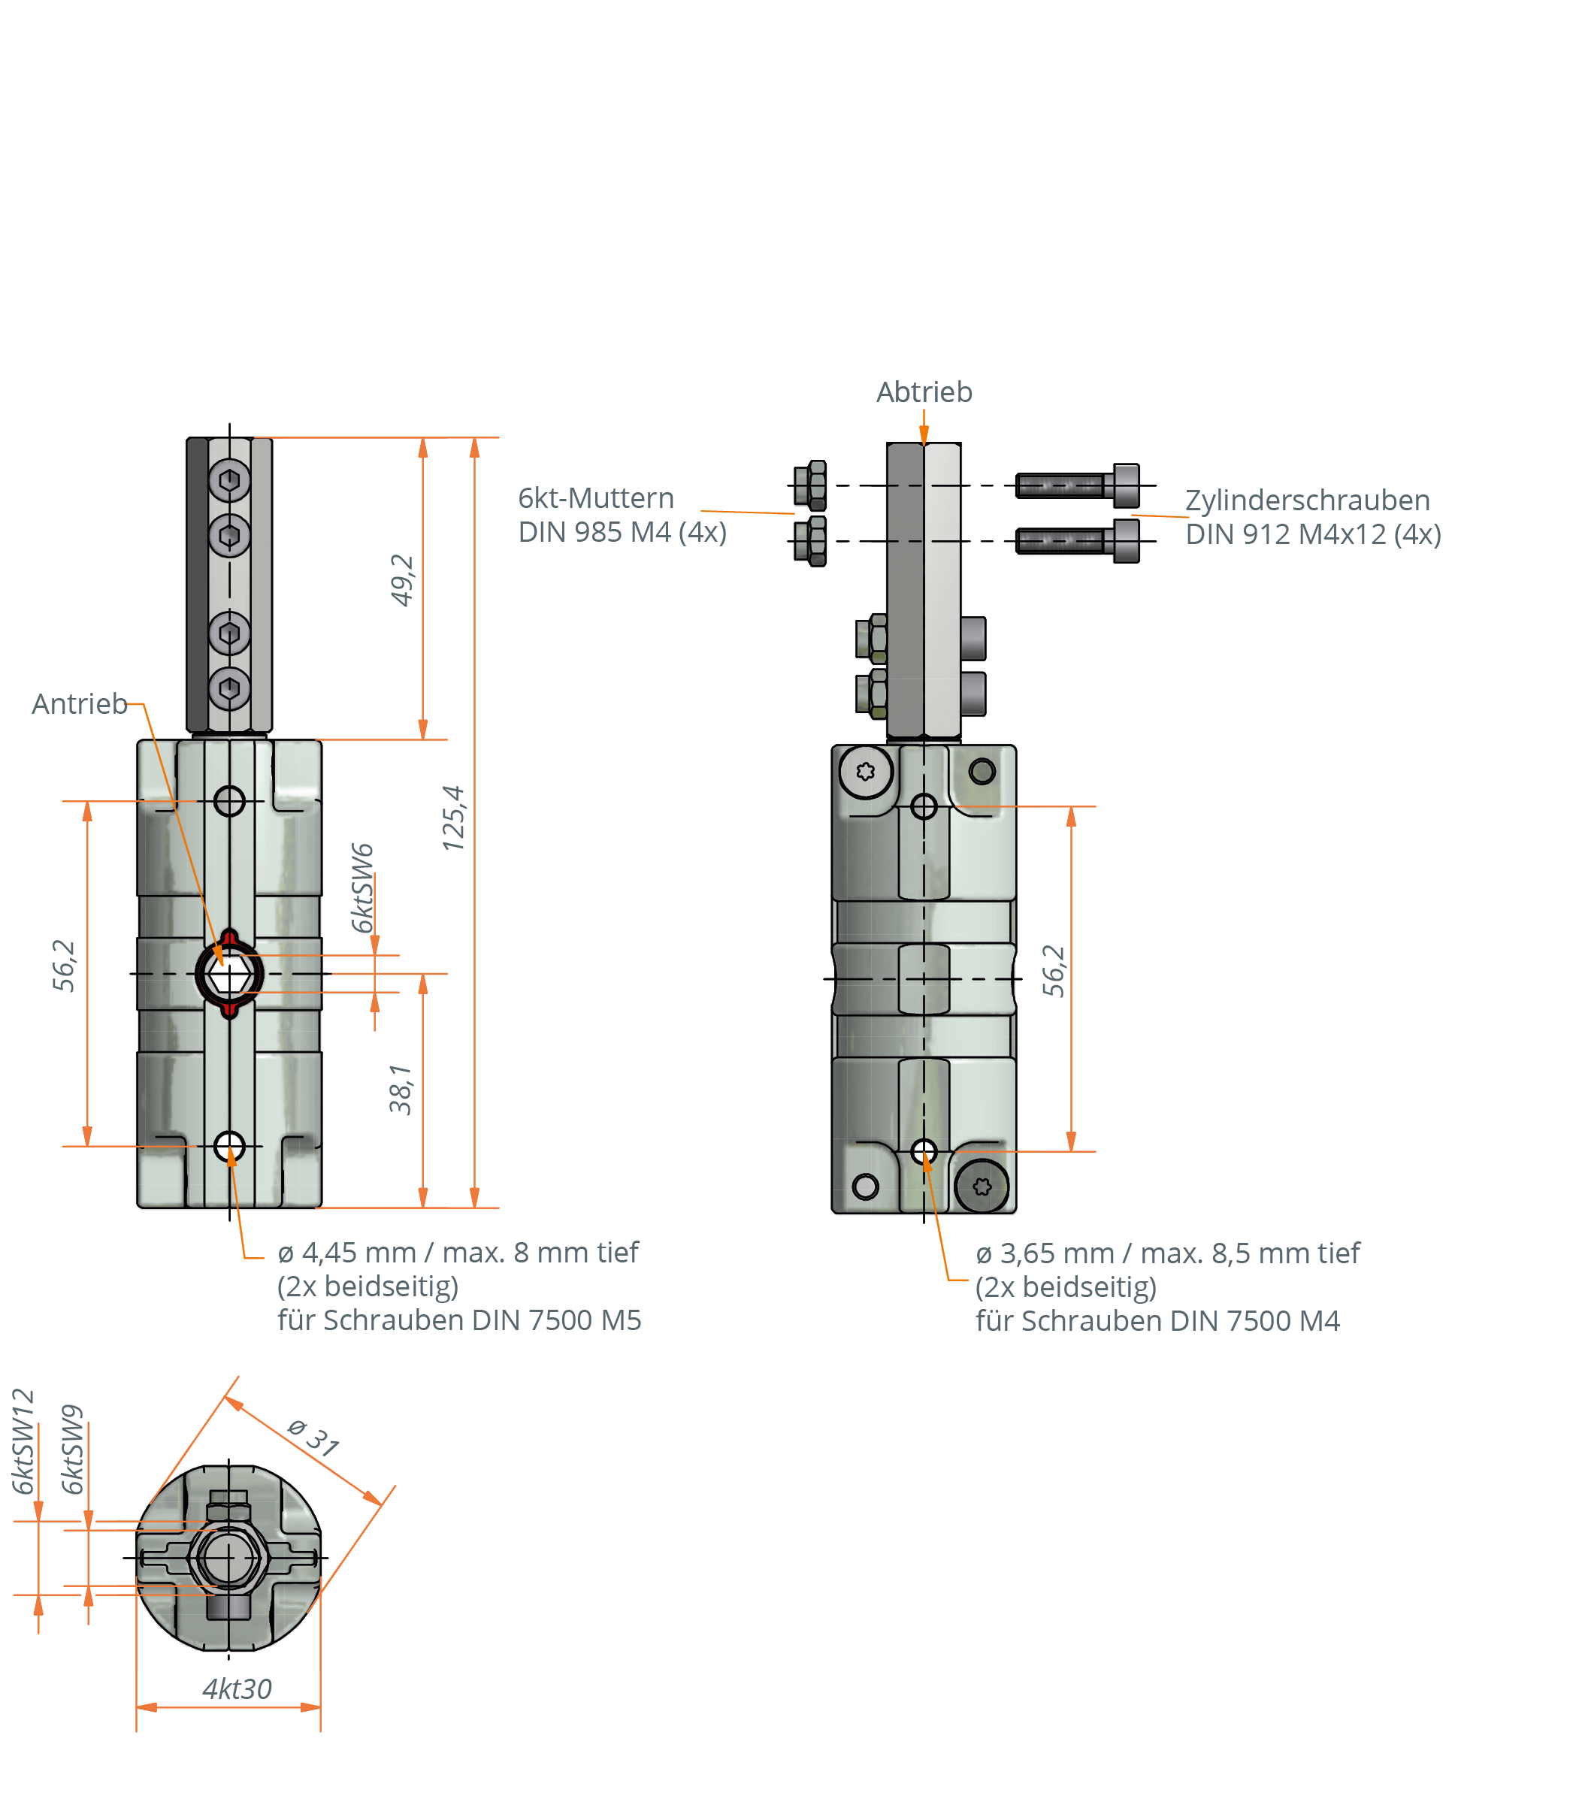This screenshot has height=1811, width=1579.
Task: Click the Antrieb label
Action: [80, 705]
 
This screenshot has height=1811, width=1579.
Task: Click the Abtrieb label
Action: [924, 393]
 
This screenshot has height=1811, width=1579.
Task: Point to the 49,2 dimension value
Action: [402, 580]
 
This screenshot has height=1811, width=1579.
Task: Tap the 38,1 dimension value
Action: [401, 1090]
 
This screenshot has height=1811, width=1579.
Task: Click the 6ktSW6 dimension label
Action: [362, 888]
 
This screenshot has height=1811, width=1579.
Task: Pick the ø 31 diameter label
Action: [313, 1438]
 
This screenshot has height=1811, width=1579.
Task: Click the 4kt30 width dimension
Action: [237, 1689]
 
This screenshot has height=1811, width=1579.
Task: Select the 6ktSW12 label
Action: [24, 1442]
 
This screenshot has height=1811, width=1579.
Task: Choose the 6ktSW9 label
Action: [73, 1450]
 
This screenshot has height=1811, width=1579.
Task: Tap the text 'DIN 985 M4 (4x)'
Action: [622, 533]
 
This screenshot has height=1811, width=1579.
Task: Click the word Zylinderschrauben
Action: [1307, 500]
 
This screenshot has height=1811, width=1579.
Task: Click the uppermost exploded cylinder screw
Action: [1077, 485]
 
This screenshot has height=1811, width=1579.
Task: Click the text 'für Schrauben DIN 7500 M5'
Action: [459, 1320]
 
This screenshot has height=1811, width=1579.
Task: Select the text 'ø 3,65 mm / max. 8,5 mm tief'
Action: [1167, 1253]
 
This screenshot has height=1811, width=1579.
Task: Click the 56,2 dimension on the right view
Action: [1054, 971]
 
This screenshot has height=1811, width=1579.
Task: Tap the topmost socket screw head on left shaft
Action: [229, 480]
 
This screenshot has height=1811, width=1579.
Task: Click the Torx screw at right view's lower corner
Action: [982, 1187]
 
